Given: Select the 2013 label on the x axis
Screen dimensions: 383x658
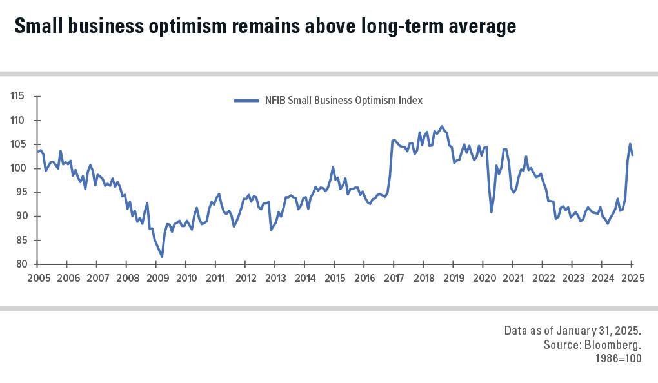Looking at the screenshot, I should tap(275, 279).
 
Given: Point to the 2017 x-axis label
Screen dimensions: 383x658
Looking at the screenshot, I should tap(394, 279).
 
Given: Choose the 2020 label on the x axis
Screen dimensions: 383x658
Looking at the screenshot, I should tap(483, 279).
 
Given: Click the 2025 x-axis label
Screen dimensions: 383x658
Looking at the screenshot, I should tap(632, 279).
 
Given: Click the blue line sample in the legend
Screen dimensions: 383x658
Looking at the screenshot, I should tap(246, 101).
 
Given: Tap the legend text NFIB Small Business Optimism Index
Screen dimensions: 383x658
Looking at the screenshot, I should tap(343, 101).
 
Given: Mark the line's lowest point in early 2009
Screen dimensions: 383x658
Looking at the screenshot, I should tap(162, 257).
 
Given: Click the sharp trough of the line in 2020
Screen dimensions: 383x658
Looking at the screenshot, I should tap(492, 212).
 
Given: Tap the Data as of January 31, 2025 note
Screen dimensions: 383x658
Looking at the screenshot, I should tap(572, 331).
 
